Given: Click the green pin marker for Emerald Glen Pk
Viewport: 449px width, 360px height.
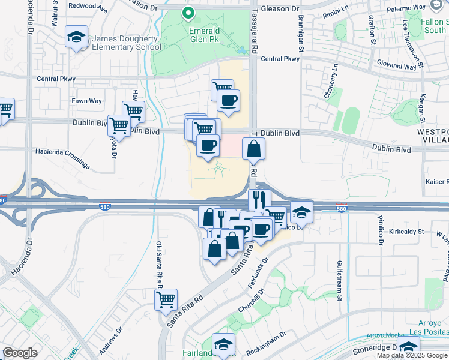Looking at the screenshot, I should pos(188,13).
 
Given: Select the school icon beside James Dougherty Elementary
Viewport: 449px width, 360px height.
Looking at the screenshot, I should pos(77,37).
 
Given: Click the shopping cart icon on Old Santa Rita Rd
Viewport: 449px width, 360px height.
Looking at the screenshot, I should pos(166,299).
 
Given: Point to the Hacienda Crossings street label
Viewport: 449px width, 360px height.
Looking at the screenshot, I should pos(63,159).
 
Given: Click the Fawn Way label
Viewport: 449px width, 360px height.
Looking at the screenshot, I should pos(87,101).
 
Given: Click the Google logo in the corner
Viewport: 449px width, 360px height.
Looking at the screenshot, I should pos(20,353).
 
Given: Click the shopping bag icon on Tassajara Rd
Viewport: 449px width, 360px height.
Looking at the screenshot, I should pos(254,148).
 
